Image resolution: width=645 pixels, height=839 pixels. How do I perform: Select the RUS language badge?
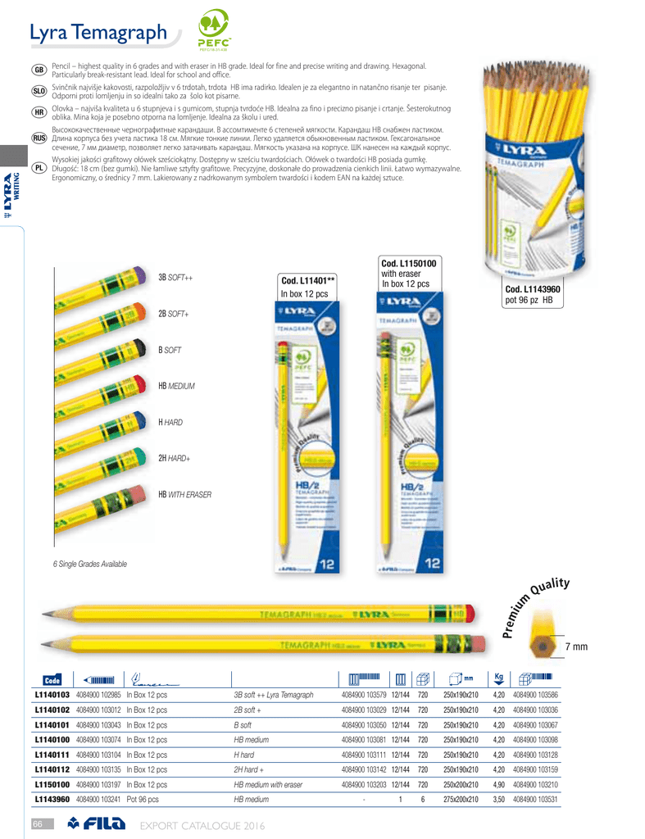(39, 137)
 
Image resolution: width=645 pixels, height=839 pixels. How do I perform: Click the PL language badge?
(39, 167)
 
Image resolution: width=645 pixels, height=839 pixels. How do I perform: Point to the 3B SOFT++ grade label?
(175, 279)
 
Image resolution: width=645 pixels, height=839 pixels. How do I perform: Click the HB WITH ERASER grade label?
(184, 495)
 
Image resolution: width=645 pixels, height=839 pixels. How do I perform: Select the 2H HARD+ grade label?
(174, 459)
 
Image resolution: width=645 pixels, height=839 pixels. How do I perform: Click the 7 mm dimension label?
(576, 648)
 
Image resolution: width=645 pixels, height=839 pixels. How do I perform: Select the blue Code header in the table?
(52, 679)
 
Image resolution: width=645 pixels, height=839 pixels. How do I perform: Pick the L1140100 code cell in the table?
(52, 740)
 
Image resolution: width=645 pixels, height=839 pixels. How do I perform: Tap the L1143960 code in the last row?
(52, 800)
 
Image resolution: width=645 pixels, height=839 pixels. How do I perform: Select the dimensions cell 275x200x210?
(461, 800)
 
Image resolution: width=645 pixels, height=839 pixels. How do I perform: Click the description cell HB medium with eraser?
(268, 785)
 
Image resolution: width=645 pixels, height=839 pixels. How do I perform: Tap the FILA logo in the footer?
(97, 823)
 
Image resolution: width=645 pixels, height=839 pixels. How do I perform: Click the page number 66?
(37, 823)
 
